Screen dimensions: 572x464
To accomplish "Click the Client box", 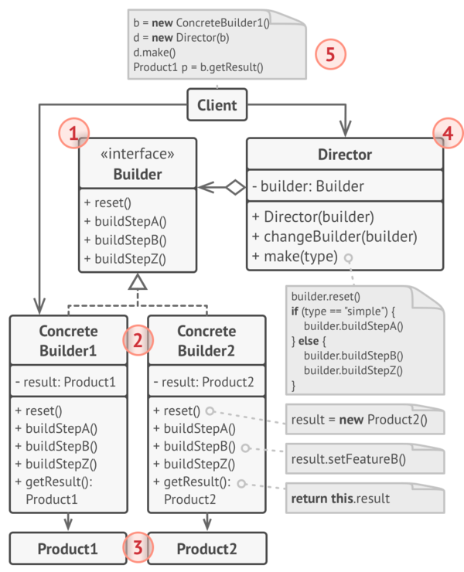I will (x=217, y=104).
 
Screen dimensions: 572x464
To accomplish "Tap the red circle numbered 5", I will (x=330, y=54).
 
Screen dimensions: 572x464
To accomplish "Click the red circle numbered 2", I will (x=138, y=340).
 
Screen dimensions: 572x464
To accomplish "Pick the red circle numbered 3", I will (x=138, y=549).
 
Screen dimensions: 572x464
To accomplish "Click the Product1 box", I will (x=68, y=550).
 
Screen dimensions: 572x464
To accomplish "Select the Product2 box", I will (x=206, y=550).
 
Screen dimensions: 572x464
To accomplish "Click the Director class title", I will (x=345, y=155).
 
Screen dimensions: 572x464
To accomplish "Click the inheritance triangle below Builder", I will (x=137, y=282).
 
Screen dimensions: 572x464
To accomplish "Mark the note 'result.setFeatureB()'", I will (x=348, y=459).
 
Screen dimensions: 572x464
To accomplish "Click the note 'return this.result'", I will (x=340, y=499).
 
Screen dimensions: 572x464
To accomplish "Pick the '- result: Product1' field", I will (x=66, y=382).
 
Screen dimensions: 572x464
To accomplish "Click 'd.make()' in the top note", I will (x=155, y=53).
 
